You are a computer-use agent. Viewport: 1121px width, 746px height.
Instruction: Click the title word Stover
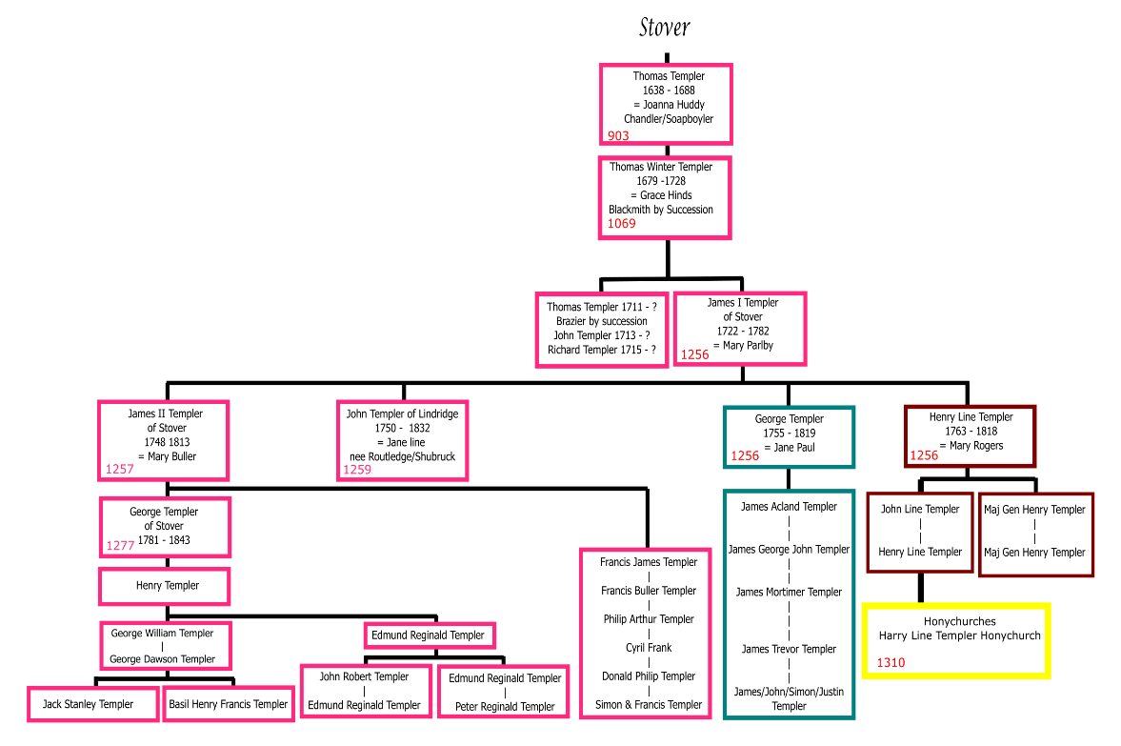pyautogui.click(x=664, y=27)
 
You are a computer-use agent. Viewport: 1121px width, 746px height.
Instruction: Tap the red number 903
pyautogui.click(x=619, y=135)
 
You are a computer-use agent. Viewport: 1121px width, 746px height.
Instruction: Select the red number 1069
pyautogui.click(x=622, y=224)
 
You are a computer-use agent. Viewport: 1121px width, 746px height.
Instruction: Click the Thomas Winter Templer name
pyautogui.click(x=661, y=167)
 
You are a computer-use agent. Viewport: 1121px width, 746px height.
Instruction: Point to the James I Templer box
pyautogui.click(x=739, y=329)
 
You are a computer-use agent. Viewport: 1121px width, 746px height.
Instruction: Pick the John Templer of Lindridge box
pyautogui.click(x=402, y=439)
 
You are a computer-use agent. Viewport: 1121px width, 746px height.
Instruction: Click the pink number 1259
pyautogui.click(x=357, y=470)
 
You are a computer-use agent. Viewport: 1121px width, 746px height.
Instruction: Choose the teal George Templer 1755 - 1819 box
pyautogui.click(x=789, y=437)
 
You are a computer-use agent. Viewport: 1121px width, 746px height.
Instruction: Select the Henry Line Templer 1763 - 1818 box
pyautogui.click(x=970, y=435)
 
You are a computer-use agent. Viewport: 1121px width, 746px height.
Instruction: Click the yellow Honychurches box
pyautogui.click(x=956, y=639)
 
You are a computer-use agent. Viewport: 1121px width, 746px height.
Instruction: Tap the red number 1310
pyautogui.click(x=891, y=663)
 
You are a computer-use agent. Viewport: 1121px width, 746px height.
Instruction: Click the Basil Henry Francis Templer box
pyautogui.click(x=228, y=704)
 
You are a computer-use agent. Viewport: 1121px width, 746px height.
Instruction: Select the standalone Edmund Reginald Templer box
pyautogui.click(x=430, y=635)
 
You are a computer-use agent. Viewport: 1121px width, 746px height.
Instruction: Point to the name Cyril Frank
pyautogui.click(x=648, y=648)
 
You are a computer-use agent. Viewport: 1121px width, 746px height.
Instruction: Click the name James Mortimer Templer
pyautogui.click(x=789, y=592)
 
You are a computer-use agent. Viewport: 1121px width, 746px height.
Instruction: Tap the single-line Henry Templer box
pyautogui.click(x=164, y=586)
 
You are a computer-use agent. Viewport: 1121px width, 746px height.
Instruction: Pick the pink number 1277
pyautogui.click(x=121, y=547)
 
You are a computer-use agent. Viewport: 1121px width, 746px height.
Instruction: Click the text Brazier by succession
pyautogui.click(x=601, y=321)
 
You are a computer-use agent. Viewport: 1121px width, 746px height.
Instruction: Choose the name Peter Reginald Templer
pyautogui.click(x=504, y=707)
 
